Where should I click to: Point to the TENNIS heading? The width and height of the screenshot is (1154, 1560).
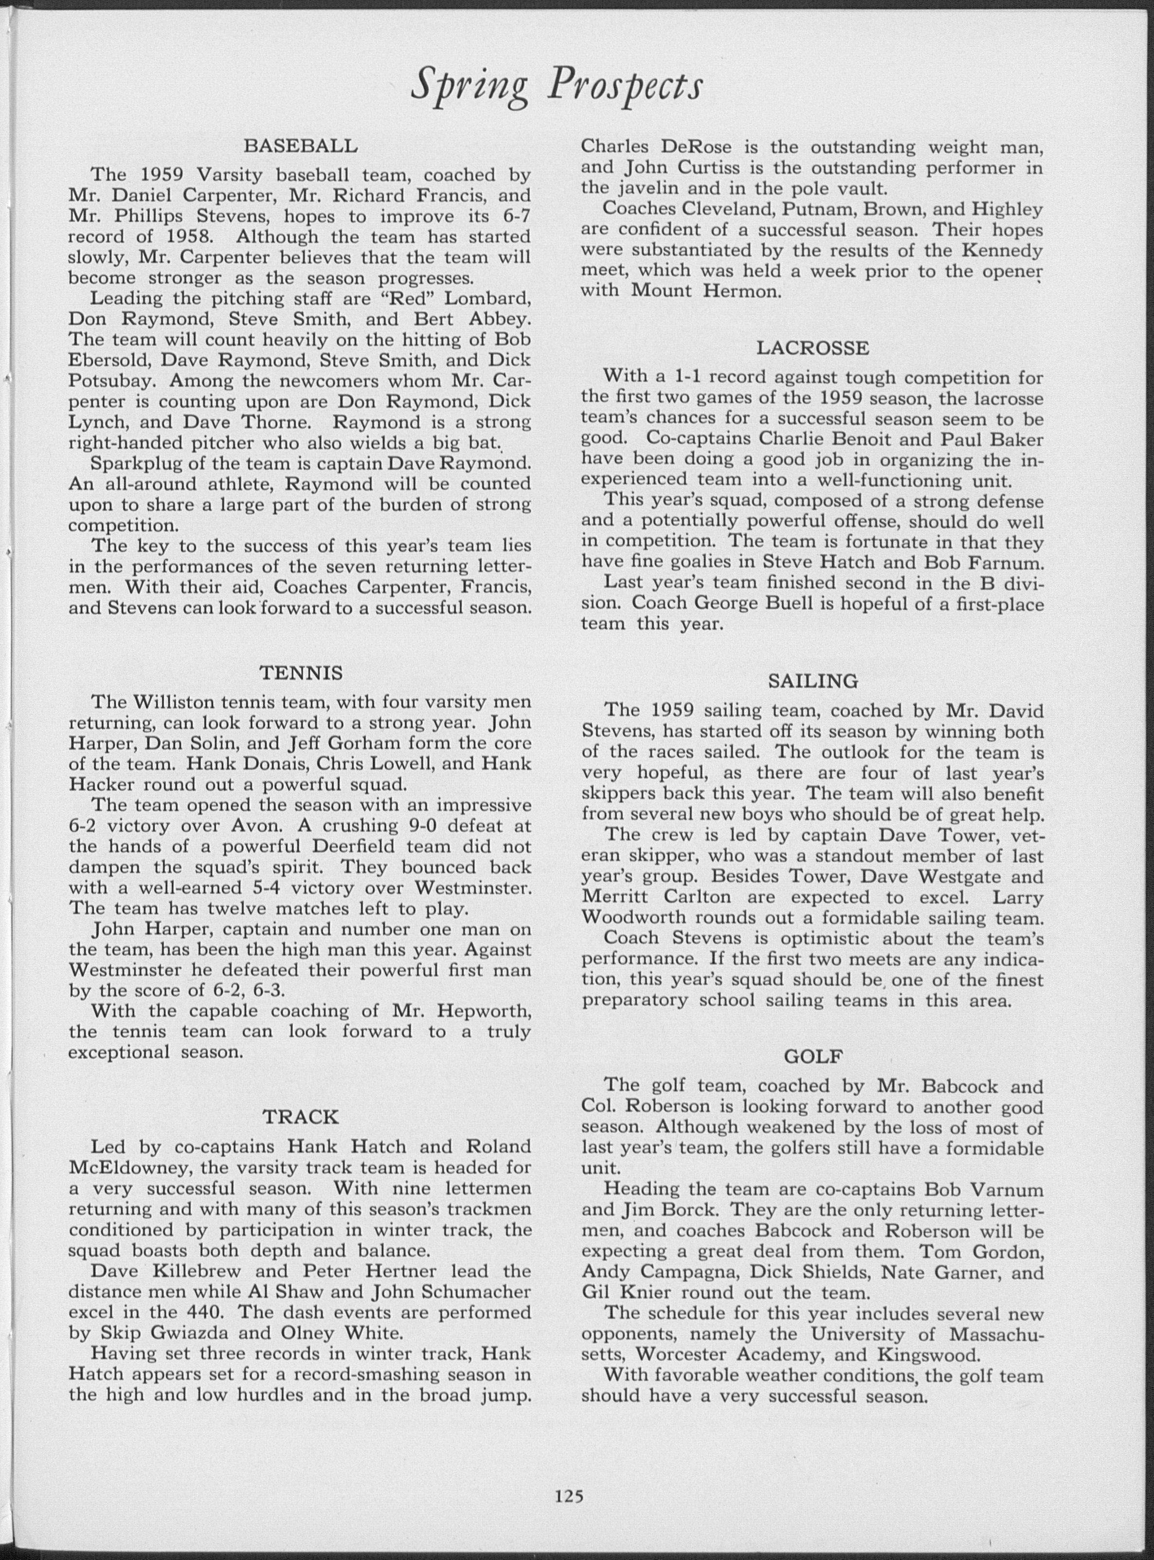tap(301, 673)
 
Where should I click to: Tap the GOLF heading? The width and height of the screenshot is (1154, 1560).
tap(812, 1056)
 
